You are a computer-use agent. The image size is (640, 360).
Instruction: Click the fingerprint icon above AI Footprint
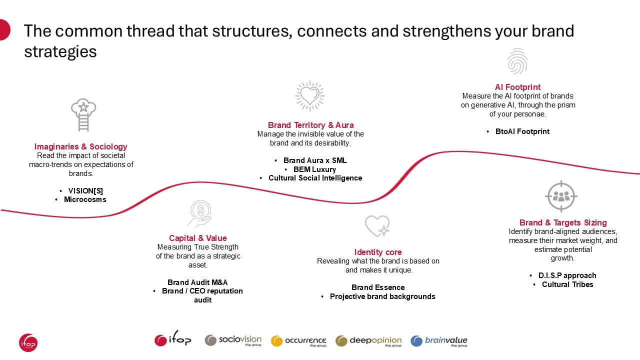point(517,61)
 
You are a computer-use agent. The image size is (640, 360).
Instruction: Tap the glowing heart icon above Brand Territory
point(310,95)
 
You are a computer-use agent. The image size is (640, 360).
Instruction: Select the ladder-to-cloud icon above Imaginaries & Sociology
point(83,115)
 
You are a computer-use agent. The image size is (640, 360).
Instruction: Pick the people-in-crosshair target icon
point(561,196)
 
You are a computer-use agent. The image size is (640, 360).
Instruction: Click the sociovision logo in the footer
point(233,340)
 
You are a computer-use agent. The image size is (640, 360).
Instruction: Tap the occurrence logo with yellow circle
point(298,341)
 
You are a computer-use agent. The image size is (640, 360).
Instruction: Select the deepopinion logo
point(368,341)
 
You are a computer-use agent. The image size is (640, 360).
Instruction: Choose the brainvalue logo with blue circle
point(439,341)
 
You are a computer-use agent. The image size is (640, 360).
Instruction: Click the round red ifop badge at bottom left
point(28,342)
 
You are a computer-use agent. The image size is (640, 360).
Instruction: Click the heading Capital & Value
point(197,238)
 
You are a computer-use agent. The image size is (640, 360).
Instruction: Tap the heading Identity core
point(377,252)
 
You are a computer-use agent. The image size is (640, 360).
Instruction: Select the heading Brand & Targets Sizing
point(563,222)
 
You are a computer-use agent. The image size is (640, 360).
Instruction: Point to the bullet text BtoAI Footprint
point(522,131)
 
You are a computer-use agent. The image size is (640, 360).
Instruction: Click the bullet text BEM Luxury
point(314,169)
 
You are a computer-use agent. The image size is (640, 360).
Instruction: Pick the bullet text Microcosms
point(85,199)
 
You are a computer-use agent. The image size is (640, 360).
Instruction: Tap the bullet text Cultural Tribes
point(567,284)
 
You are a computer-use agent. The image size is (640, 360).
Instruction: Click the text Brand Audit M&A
point(197,282)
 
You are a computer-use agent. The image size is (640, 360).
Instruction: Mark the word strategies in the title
point(60,52)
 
